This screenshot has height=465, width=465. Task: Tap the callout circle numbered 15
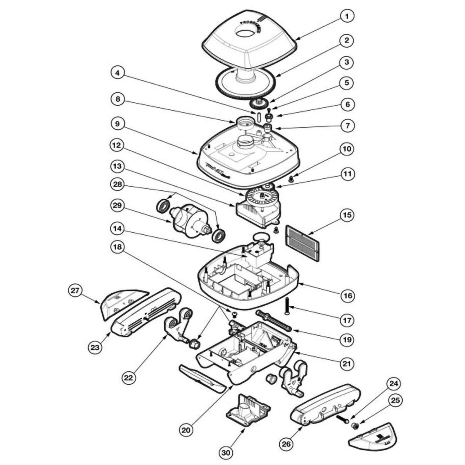click(x=347, y=215)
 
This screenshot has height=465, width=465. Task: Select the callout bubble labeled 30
click(x=226, y=453)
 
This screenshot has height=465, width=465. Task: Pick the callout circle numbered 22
click(x=128, y=377)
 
